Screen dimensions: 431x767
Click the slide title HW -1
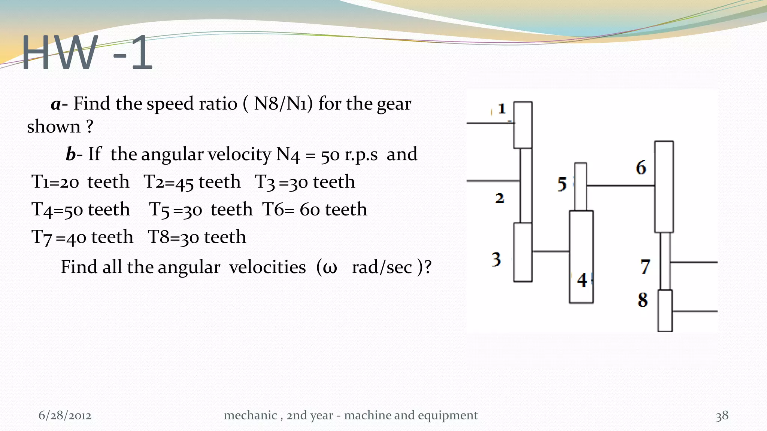[x=87, y=52]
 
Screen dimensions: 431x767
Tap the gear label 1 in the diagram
[x=502, y=109]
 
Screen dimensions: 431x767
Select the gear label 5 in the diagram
[x=562, y=184]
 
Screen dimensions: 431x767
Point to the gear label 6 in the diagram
[x=641, y=168]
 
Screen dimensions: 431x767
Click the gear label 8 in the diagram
[x=643, y=300]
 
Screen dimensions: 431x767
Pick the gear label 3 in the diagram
[x=496, y=259]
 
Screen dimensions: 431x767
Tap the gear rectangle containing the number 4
[x=581, y=257]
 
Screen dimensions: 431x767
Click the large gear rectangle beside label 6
[x=664, y=187]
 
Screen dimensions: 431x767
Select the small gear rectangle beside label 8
[x=665, y=311]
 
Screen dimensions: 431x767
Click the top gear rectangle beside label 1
[x=523, y=125]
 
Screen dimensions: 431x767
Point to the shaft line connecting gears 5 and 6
[x=620, y=185]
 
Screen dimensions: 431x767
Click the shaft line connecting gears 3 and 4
[x=551, y=251]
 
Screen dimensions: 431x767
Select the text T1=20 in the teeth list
[x=55, y=182]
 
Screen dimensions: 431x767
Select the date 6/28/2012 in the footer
[x=65, y=415]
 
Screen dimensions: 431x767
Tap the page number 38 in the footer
[x=722, y=416]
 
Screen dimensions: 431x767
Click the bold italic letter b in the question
[x=70, y=154]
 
